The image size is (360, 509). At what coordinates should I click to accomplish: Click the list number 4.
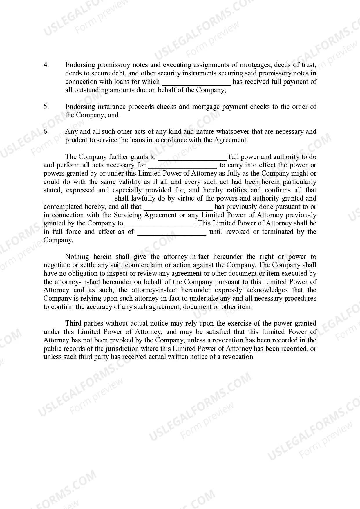pyautogui.click(x=46, y=65)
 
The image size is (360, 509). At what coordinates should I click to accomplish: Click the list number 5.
pyautogui.click(x=46, y=107)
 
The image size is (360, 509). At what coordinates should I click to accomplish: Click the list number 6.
pyautogui.click(x=46, y=131)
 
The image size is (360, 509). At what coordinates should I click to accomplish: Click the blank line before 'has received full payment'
pyautogui.click(x=196, y=82)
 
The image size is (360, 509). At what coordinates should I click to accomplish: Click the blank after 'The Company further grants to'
pyautogui.click(x=192, y=158)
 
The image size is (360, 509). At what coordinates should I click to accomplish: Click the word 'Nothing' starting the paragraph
pyautogui.click(x=77, y=257)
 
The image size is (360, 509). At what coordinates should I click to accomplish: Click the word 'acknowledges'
pyautogui.click(x=267, y=290)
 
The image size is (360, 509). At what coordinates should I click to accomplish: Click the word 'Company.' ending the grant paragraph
pyautogui.click(x=58, y=240)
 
